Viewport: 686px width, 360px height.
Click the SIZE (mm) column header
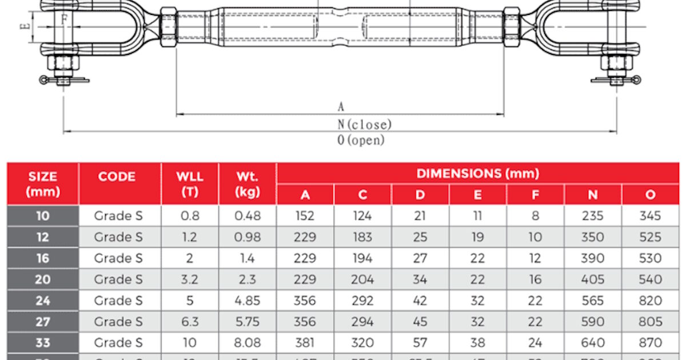pyautogui.click(x=43, y=184)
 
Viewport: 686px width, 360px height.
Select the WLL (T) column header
pyautogui.click(x=190, y=184)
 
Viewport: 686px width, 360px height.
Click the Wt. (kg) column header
pyautogui.click(x=248, y=184)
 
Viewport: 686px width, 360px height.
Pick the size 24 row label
pyautogui.click(x=43, y=301)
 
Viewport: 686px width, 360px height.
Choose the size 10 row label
pyautogui.click(x=43, y=216)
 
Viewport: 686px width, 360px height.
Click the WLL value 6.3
pyautogui.click(x=190, y=322)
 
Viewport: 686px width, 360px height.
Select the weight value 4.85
pyautogui.click(x=248, y=301)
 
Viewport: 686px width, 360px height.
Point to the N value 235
pyautogui.click(x=593, y=216)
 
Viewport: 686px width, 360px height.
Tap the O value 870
pyautogui.click(x=651, y=343)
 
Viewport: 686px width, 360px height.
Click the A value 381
pyautogui.click(x=305, y=343)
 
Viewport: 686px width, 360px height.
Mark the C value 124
pyautogui.click(x=362, y=216)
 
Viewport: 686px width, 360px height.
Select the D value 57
pyautogui.click(x=420, y=343)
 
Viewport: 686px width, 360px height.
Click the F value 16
pyautogui.click(x=535, y=279)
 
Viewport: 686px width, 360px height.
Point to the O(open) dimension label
pyautogui.click(x=361, y=140)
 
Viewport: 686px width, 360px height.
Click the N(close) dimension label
pyautogui.click(x=365, y=124)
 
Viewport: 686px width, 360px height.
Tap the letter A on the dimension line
pyautogui.click(x=341, y=107)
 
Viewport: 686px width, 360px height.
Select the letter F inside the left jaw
pyautogui.click(x=65, y=19)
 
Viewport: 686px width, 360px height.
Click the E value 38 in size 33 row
pyautogui.click(x=477, y=343)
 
